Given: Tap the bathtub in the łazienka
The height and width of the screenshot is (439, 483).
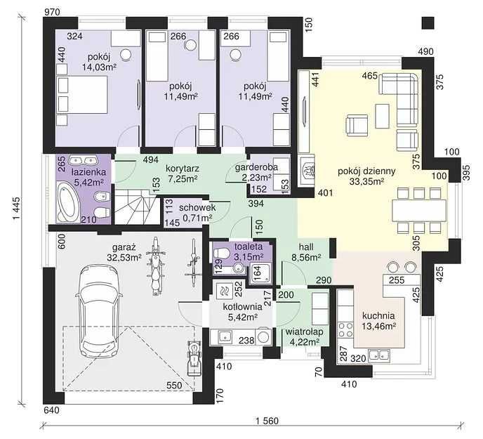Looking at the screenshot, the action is coord(68,202).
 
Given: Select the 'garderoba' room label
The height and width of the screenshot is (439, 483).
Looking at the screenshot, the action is coord(256,167).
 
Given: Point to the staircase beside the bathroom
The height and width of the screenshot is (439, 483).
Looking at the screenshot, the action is coord(135,207).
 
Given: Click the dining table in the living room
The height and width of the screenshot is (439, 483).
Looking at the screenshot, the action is coord(419,211).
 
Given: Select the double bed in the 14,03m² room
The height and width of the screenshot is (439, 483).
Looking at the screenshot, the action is coord(82,95).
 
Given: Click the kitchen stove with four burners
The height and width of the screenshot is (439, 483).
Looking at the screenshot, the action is coord(345,329).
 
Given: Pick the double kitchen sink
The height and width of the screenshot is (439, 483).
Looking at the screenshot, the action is coord(380,355).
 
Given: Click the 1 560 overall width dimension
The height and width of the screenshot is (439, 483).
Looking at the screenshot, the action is coord(267,421).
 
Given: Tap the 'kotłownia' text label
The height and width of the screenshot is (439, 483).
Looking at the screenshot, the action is coord(242,307).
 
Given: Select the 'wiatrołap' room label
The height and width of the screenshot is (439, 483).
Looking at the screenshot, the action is coord(305,332).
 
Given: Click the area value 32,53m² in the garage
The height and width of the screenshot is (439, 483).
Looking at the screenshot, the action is coord(124,257).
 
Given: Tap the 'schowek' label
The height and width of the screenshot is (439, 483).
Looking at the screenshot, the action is coord(197,208).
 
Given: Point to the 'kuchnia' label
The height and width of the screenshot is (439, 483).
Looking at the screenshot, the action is coord(378,315).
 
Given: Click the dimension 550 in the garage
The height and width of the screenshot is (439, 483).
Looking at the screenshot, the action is coord(174,386).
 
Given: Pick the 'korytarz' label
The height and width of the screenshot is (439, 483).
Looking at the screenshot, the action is coord(183,169).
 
